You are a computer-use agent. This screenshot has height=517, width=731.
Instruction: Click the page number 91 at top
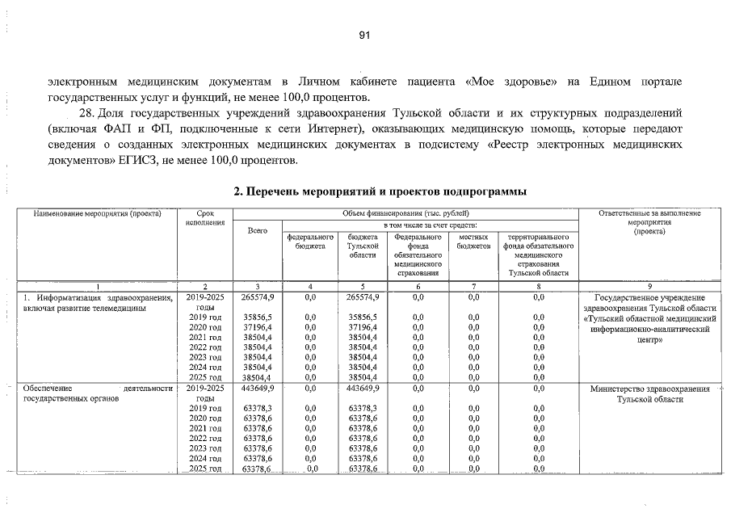pyautogui.click(x=364, y=36)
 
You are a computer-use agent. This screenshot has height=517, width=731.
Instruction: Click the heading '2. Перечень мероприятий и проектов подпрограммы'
pyautogui.click(x=380, y=192)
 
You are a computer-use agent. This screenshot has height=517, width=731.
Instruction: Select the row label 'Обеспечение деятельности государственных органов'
pyautogui.click(x=98, y=393)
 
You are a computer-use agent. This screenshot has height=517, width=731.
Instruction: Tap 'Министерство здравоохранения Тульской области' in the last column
pyautogui.click(x=650, y=394)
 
